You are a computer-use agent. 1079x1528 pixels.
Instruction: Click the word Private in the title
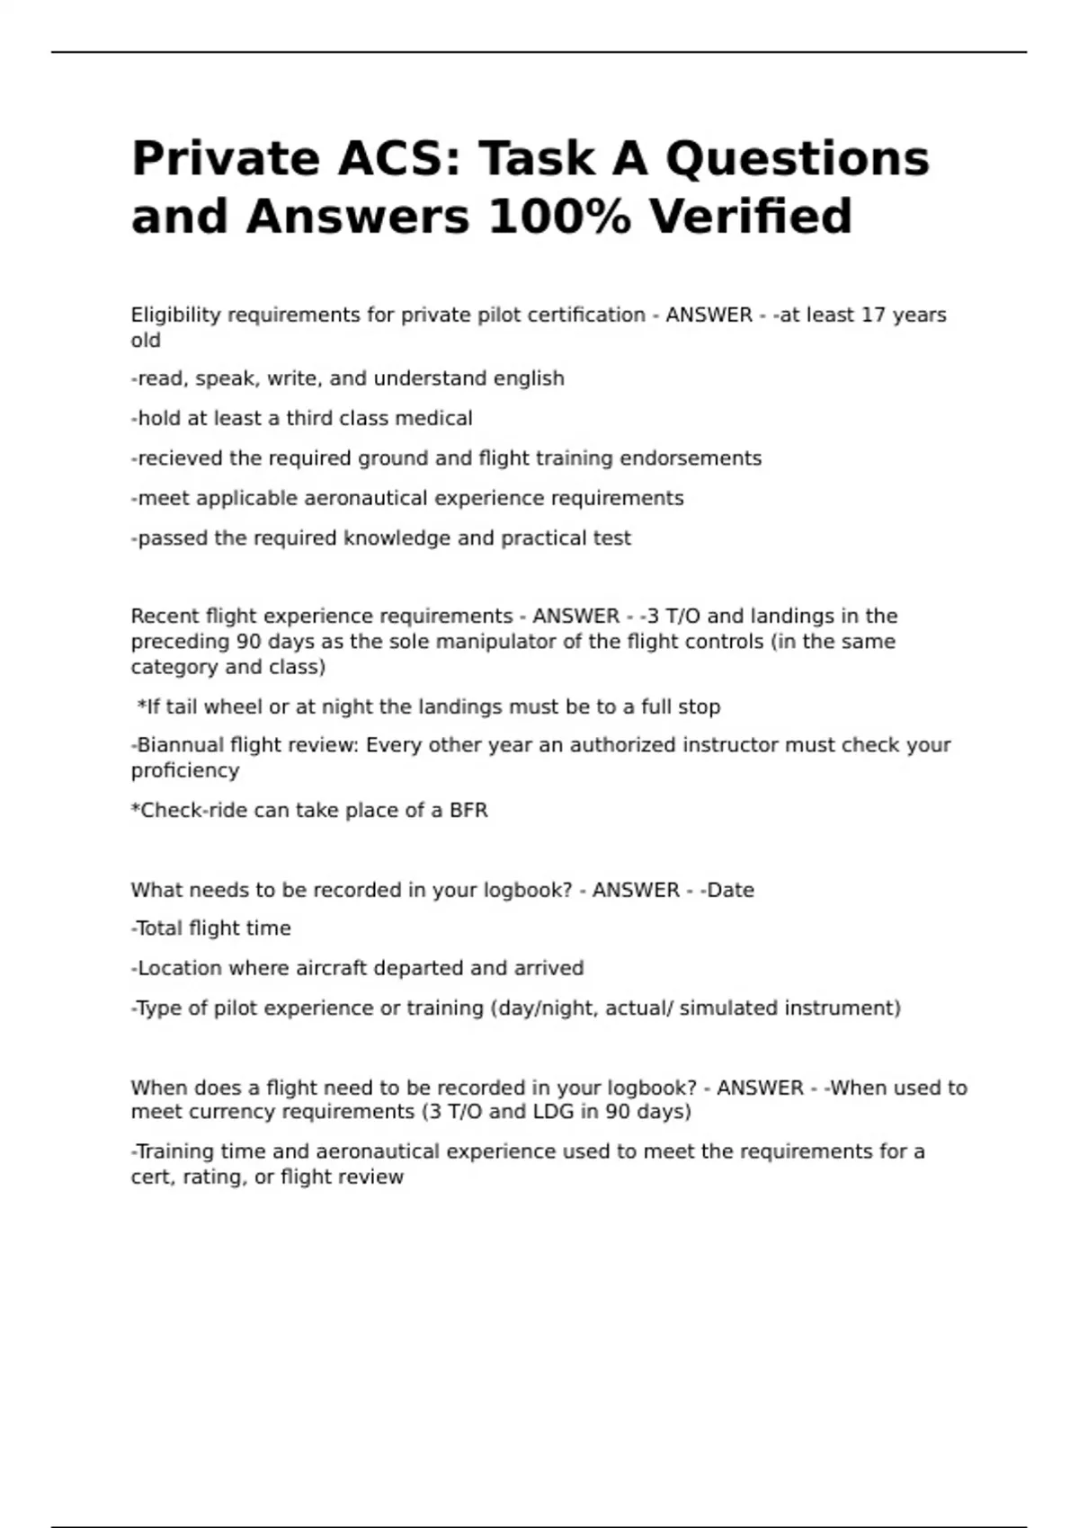225,159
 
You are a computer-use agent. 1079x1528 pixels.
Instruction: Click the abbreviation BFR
468,811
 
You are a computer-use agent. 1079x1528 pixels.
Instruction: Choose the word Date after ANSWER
730,891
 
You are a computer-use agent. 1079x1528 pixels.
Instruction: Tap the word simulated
728,1008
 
